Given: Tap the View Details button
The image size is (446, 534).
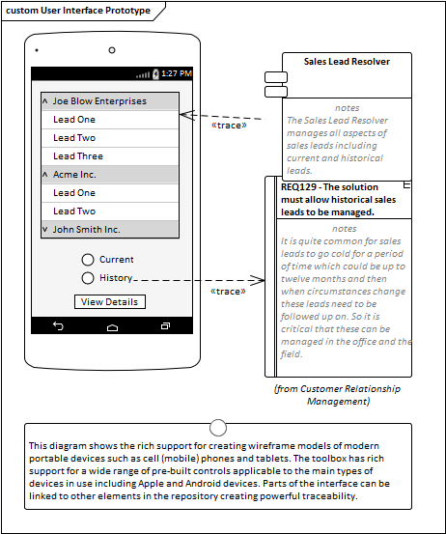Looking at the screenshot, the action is pyautogui.click(x=110, y=301).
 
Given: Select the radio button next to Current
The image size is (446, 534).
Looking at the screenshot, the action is pyautogui.click(x=88, y=260).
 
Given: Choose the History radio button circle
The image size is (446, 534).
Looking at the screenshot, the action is pyautogui.click(x=88, y=278).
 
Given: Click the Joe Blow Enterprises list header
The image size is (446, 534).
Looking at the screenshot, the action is pyautogui.click(x=110, y=101).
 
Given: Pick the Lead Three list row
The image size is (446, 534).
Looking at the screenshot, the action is pyautogui.click(x=110, y=156).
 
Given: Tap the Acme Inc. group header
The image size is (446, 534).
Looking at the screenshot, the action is pyautogui.click(x=110, y=175).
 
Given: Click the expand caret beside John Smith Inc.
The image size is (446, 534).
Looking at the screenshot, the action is pyautogui.click(x=45, y=229).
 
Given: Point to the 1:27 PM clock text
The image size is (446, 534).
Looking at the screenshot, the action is pyautogui.click(x=177, y=73).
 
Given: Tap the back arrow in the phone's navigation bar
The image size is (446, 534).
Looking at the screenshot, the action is pyautogui.click(x=58, y=326).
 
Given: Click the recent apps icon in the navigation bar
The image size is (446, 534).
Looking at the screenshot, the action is pyautogui.click(x=165, y=326).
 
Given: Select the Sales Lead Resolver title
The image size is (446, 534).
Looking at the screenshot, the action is pyautogui.click(x=347, y=62).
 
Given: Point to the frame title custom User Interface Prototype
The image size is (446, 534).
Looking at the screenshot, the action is pyautogui.click(x=78, y=11).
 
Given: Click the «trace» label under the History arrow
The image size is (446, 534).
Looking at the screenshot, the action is pyautogui.click(x=228, y=292).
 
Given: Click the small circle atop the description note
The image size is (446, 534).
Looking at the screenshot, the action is pyautogui.click(x=218, y=428).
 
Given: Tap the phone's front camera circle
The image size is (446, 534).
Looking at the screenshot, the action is pyautogui.click(x=112, y=50).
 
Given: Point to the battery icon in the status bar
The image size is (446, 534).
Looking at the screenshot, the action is pyautogui.click(x=155, y=74).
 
